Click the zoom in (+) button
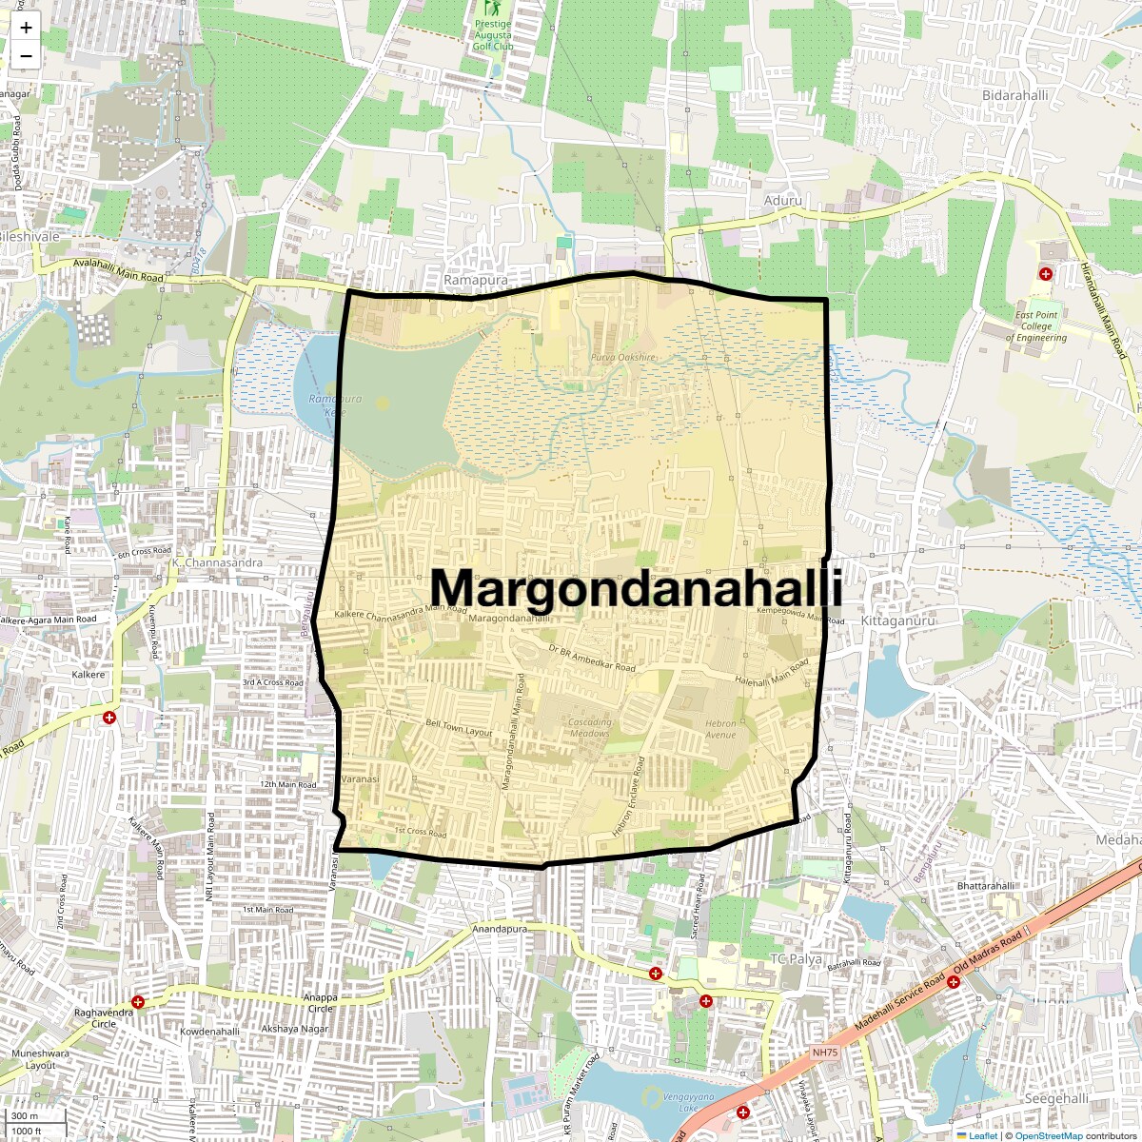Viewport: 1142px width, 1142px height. (26, 28)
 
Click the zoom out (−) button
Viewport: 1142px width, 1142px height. (26, 55)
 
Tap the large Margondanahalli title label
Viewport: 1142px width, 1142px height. (636, 588)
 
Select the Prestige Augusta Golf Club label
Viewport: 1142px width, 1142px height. (493, 35)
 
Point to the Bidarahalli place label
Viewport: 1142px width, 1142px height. (1014, 95)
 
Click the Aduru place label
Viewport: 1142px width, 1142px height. (782, 201)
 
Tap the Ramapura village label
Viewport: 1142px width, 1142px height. (476, 281)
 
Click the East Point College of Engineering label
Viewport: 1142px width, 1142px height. (1036, 326)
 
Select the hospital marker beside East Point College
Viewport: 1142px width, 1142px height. (1046, 274)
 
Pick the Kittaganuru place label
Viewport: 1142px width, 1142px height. (897, 620)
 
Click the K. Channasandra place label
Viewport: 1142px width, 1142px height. (217, 562)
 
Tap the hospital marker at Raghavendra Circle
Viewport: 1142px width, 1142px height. (139, 1002)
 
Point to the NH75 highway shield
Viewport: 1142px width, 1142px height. (825, 1053)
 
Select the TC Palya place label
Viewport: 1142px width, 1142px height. (795, 959)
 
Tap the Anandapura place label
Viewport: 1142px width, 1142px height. (500, 929)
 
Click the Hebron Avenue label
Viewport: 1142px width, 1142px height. (720, 729)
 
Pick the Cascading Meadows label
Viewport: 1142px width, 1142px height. (589, 727)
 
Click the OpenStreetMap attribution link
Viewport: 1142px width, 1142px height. (1048, 1135)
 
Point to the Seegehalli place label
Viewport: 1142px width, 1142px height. (1056, 1098)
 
